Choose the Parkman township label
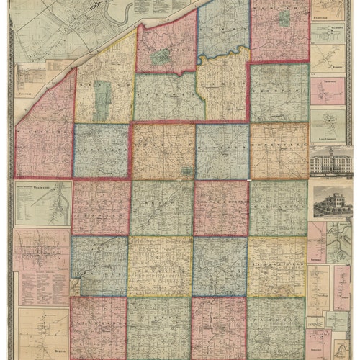tap(278, 324)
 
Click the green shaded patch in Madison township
tap(285, 18)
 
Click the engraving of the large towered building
tap(328, 161)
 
